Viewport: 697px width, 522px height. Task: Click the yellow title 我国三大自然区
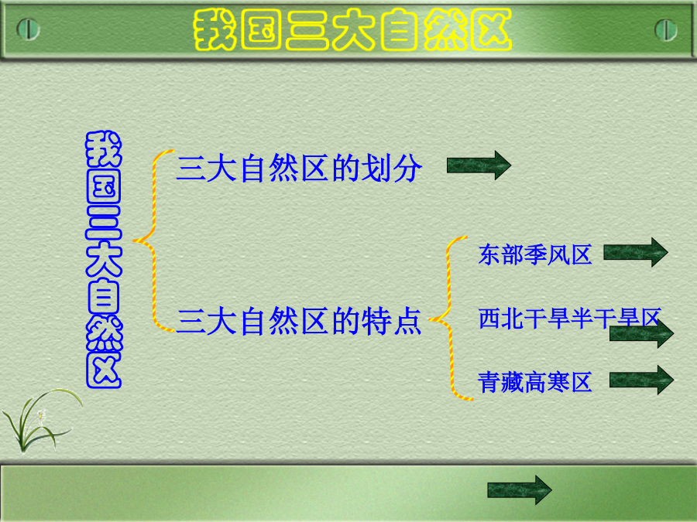352,29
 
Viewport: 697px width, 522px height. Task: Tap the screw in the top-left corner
28,29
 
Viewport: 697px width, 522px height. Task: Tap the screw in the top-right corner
666,29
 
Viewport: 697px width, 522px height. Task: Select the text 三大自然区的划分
299,169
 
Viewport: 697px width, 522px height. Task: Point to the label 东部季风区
534,254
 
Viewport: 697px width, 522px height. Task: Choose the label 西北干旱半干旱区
569,319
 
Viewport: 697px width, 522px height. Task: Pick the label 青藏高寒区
534,382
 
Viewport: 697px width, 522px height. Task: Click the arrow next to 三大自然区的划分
479,165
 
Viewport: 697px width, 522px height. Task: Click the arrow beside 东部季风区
636,252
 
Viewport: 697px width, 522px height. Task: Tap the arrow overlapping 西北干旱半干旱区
641,333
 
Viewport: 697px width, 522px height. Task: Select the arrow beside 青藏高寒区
641,380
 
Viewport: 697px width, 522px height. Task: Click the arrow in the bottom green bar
519,490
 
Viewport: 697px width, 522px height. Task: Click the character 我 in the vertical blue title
104,149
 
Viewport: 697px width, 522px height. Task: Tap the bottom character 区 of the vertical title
104,370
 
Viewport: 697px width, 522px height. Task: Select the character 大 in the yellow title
353,30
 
